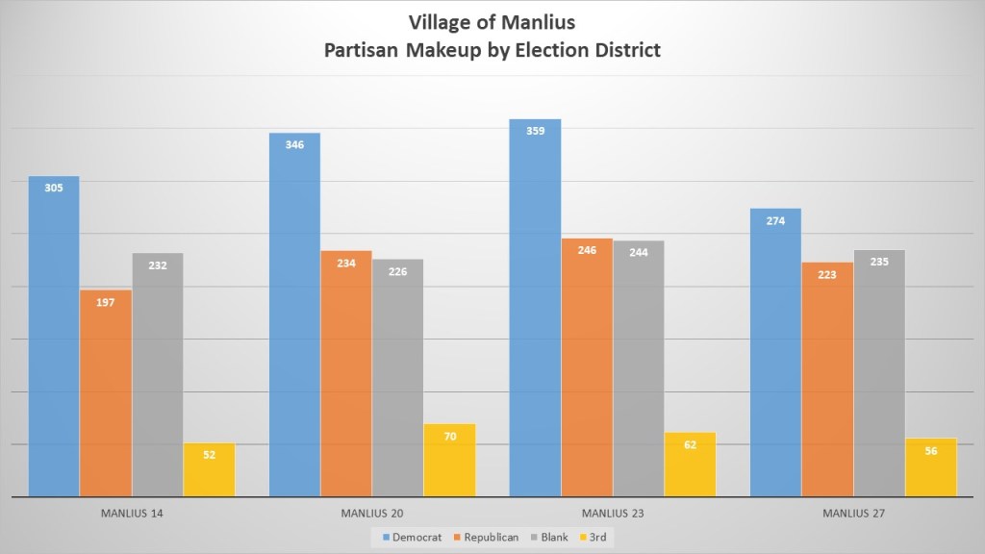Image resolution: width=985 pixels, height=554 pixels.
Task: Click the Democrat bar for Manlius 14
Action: (54, 337)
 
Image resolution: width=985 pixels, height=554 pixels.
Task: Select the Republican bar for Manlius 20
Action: (346, 375)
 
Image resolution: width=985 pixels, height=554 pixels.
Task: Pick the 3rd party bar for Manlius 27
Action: (931, 467)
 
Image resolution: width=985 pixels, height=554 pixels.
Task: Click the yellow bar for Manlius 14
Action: (210, 469)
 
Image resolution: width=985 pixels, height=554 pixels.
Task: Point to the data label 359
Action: (536, 131)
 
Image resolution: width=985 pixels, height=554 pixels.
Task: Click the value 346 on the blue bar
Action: (294, 145)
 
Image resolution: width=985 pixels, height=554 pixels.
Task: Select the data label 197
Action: (106, 302)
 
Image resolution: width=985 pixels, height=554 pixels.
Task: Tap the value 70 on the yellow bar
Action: (450, 437)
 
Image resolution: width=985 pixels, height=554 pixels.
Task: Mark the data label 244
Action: (639, 253)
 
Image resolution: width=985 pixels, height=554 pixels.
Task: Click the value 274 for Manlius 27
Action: (775, 221)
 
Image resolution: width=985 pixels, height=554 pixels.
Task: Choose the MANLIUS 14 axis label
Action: (132, 514)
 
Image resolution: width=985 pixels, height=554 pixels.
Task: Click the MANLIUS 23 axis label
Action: (613, 514)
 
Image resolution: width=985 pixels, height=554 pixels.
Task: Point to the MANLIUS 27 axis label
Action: (853, 514)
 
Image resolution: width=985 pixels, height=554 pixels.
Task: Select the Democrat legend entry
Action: (407, 537)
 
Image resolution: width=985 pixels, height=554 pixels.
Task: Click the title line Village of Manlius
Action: (492, 21)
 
